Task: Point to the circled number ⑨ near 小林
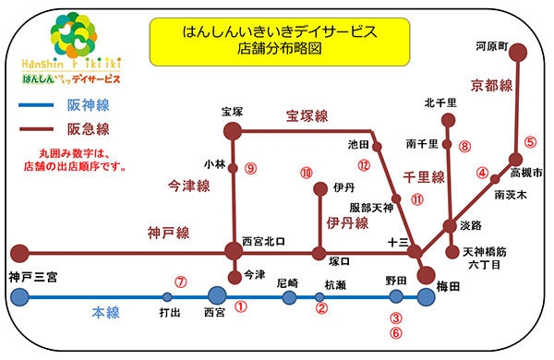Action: (x=250, y=168)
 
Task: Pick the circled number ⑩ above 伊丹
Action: (x=307, y=173)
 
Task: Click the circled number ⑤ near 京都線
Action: (x=529, y=143)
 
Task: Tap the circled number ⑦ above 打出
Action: (x=182, y=282)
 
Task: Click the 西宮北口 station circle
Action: (x=234, y=251)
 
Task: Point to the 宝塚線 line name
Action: (x=307, y=117)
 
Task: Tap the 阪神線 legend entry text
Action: (x=86, y=106)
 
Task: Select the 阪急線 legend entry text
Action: (x=86, y=129)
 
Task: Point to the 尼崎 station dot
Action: (x=289, y=297)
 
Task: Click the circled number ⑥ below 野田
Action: (x=397, y=333)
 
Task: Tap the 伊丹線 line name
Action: (x=348, y=223)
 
